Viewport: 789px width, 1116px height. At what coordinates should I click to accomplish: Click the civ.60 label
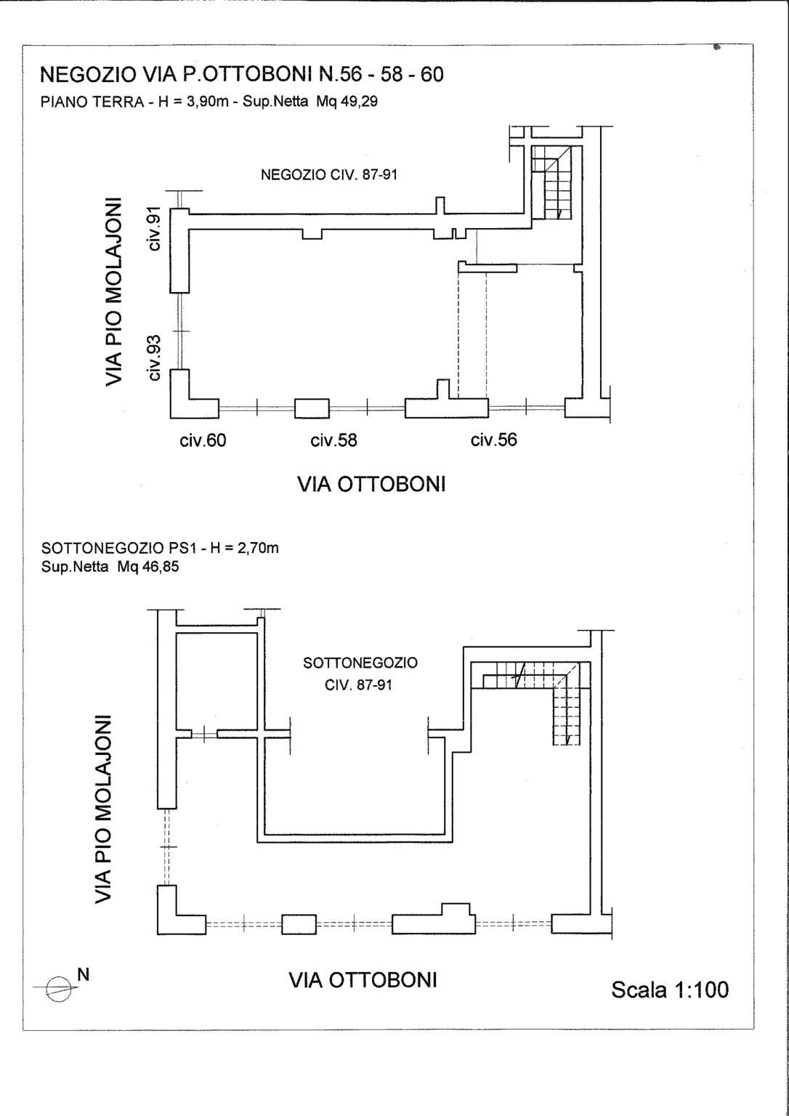pos(203,440)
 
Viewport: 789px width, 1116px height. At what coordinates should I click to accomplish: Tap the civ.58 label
pos(333,440)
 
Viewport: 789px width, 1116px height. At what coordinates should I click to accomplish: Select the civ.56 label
pos(493,439)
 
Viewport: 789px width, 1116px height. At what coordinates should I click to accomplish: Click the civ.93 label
pos(155,357)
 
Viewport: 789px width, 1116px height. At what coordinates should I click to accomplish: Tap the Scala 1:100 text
pos(670,989)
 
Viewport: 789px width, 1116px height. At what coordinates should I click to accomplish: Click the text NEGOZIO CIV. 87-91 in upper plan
pos(329,175)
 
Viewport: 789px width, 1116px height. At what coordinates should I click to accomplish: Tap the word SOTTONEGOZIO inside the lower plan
pos(360,663)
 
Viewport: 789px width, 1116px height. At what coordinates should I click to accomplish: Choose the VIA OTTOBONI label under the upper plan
pos(371,484)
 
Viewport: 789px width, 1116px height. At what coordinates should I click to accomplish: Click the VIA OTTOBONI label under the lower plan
pos(363,979)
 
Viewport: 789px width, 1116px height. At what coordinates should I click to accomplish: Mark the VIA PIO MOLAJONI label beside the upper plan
pos(114,293)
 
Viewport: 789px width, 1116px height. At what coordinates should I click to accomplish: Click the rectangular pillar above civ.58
pos(312,408)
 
